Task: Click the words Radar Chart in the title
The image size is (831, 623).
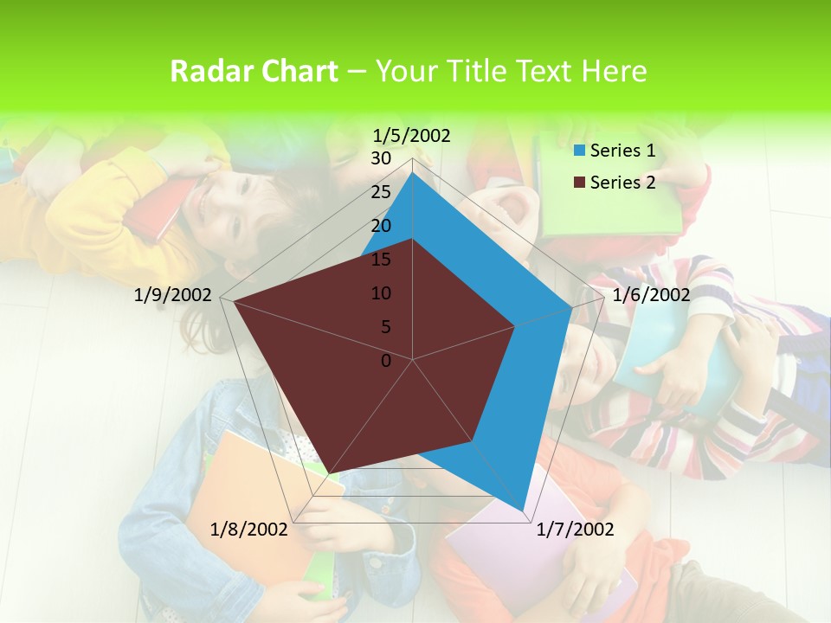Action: click(253, 72)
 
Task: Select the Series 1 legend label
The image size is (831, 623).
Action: click(622, 151)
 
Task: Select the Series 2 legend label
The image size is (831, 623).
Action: click(622, 182)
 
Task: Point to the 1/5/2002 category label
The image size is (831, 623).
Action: click(411, 135)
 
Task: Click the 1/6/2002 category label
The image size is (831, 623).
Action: click(651, 295)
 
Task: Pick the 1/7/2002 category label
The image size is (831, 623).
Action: click(575, 530)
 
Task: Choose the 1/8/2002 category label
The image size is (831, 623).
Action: click(249, 530)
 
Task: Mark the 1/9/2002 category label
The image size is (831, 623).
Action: click(173, 295)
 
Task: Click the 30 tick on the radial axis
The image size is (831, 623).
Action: click(381, 158)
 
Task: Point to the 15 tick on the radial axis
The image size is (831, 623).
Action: click(381, 260)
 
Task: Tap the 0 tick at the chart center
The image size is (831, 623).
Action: click(386, 361)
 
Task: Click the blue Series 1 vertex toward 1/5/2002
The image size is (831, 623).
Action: click(413, 172)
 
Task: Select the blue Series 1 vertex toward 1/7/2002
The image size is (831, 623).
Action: click(523, 511)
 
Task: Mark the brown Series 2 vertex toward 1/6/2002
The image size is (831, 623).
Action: click(515, 326)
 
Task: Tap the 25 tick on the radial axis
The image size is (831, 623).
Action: click(381, 192)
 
